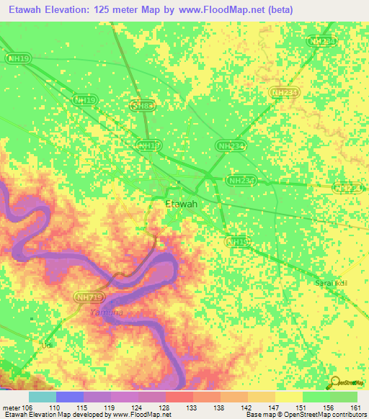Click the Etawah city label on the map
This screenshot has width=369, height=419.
(181, 204)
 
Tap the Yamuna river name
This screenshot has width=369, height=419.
(106, 312)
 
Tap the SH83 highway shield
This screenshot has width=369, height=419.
(142, 106)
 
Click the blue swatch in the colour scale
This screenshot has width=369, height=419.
(69, 397)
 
